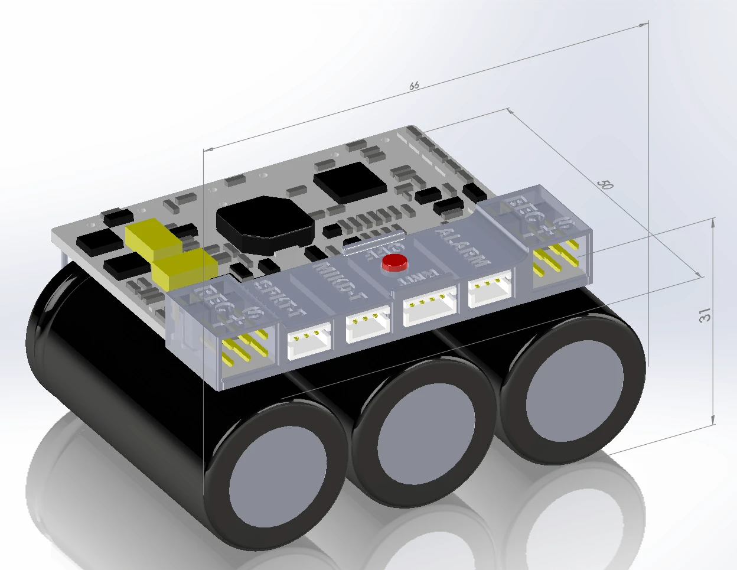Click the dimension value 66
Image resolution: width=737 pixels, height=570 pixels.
click(x=414, y=86)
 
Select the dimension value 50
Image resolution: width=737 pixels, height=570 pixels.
click(x=605, y=185)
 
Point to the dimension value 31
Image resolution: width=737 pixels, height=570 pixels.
click(x=705, y=315)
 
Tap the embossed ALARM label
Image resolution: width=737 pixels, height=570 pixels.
click(x=463, y=247)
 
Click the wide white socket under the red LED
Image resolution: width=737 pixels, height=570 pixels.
click(x=429, y=304)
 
